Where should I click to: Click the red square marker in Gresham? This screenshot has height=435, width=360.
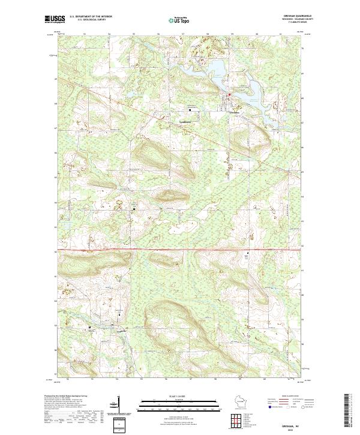[228, 95]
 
